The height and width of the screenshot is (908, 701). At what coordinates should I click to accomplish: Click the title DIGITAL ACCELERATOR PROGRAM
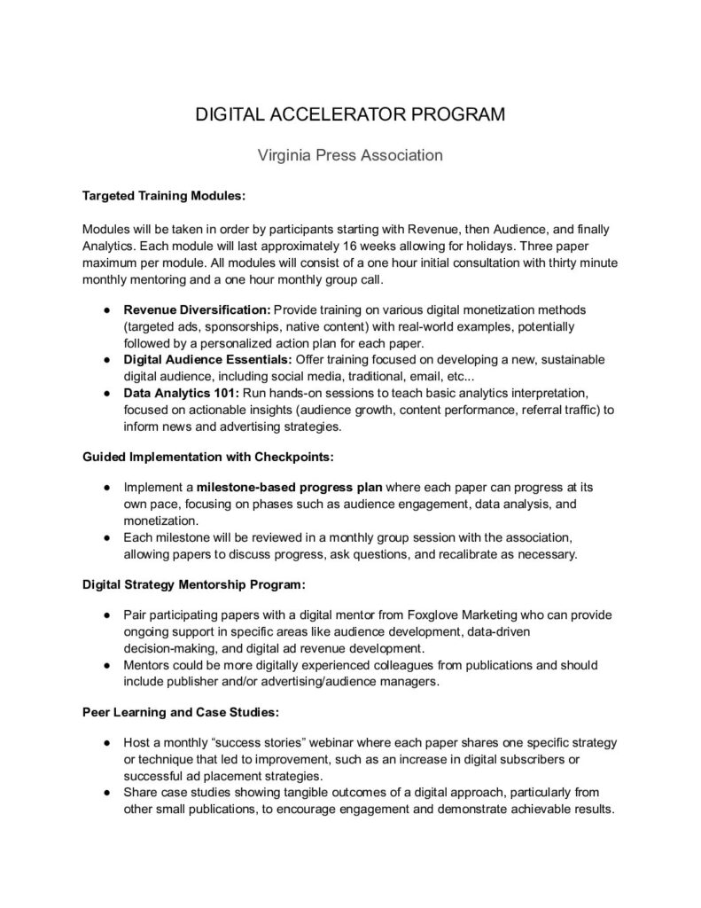click(350, 115)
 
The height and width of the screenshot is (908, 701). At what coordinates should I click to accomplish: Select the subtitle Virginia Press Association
click(350, 155)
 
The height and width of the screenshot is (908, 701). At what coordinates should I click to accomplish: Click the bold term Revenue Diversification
click(197, 311)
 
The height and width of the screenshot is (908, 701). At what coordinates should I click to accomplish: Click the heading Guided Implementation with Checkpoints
click(209, 458)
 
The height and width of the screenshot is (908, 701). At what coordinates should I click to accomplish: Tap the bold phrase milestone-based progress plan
click(291, 489)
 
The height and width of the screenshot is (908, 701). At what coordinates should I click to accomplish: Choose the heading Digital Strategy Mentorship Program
click(195, 585)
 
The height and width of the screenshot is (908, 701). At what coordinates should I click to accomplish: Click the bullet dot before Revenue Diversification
click(105, 311)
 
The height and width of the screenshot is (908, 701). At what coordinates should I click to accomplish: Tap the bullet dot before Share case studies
click(105, 792)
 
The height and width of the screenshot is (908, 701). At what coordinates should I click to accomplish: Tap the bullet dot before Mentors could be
click(105, 665)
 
